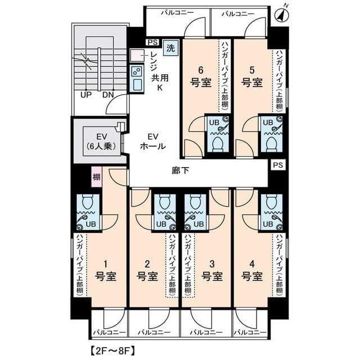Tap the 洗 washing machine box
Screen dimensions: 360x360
[170, 48]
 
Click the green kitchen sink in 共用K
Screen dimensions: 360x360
[137, 79]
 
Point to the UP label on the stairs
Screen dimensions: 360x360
[85, 94]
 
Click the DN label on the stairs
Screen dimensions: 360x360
[108, 94]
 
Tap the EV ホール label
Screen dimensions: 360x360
[152, 141]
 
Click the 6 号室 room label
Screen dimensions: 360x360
[200, 76]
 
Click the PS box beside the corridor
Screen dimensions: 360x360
[277, 165]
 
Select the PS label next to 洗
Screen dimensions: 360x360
[152, 42]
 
